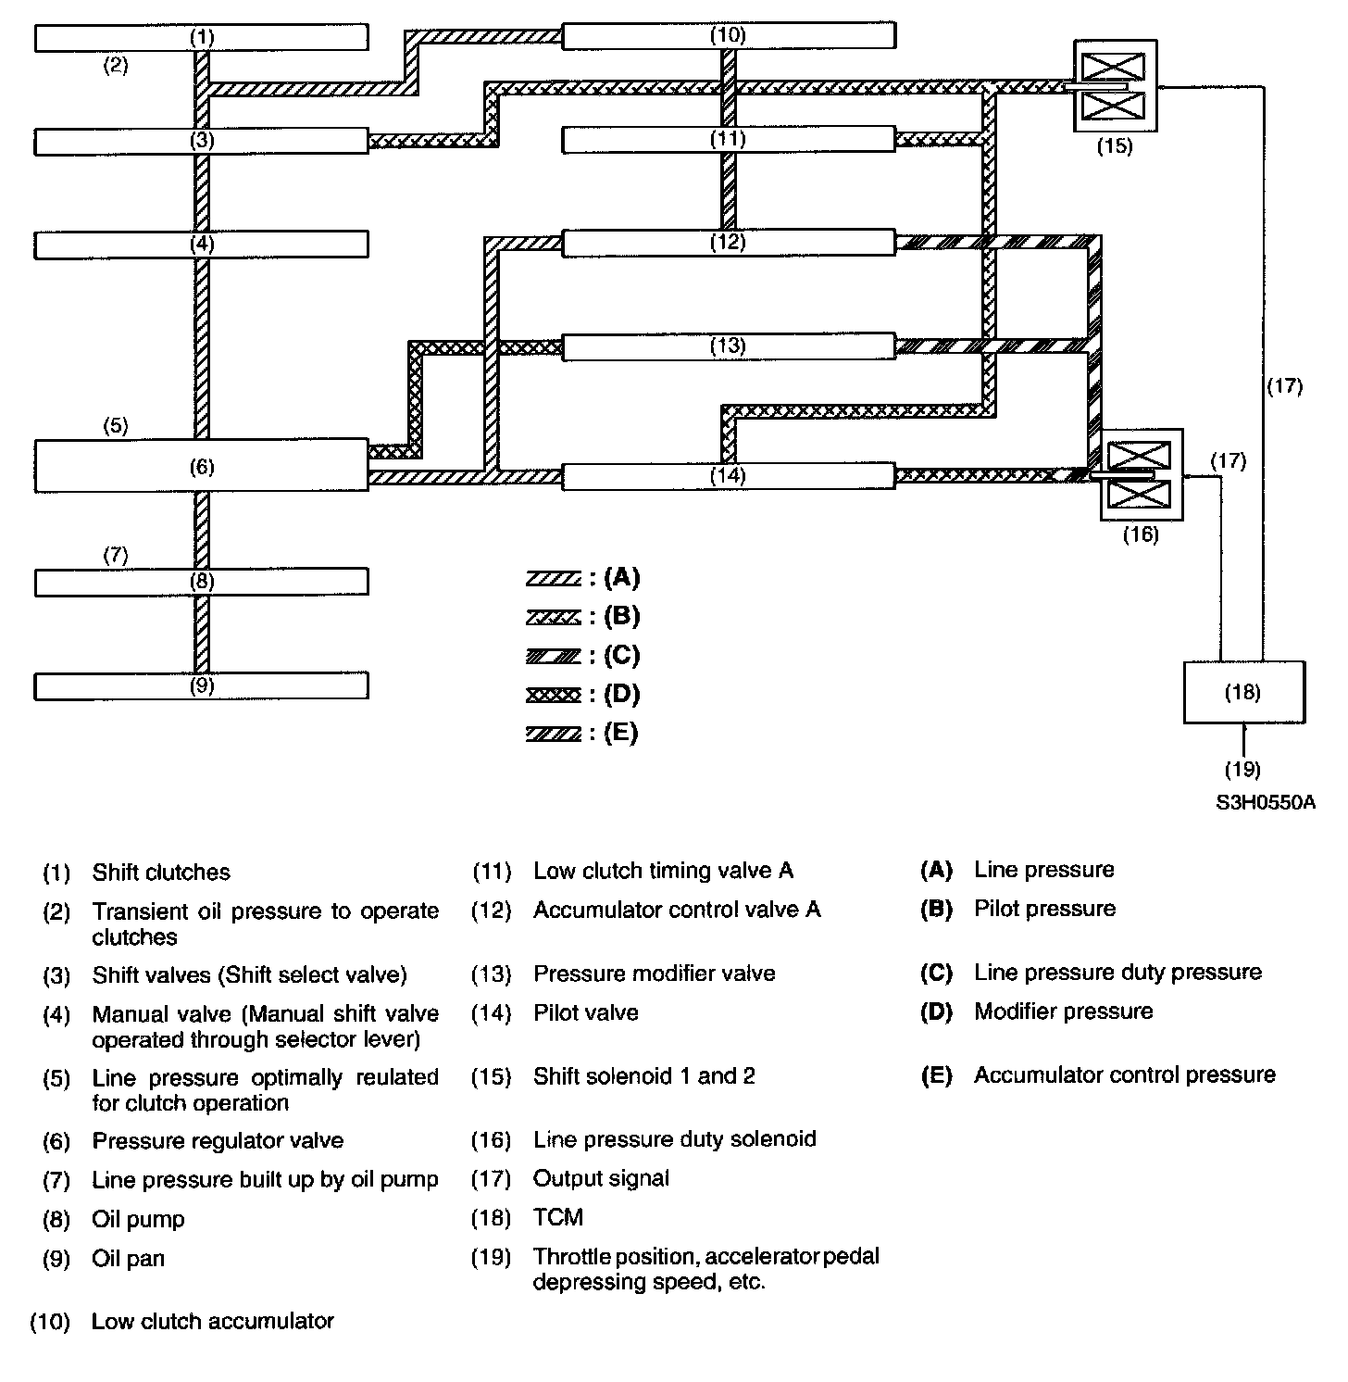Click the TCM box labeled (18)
[1243, 692]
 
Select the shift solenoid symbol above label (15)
[1114, 86]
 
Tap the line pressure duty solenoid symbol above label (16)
[1140, 474]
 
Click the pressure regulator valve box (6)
[201, 465]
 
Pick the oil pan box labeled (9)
[201, 685]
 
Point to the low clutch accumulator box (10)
[729, 35]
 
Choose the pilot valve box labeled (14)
[729, 476]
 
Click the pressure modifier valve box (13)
[729, 346]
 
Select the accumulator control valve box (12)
[729, 243]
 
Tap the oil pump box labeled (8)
[201, 582]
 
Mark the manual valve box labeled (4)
[201, 245]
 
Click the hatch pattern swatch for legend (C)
[553, 657]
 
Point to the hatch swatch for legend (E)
[553, 735]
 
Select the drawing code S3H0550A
[1266, 802]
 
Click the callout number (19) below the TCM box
[1242, 769]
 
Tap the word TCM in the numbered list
[558, 1217]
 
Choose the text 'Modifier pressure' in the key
[1063, 1011]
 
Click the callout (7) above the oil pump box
[115, 556]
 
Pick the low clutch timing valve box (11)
[729, 140]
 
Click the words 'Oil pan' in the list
[128, 1259]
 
